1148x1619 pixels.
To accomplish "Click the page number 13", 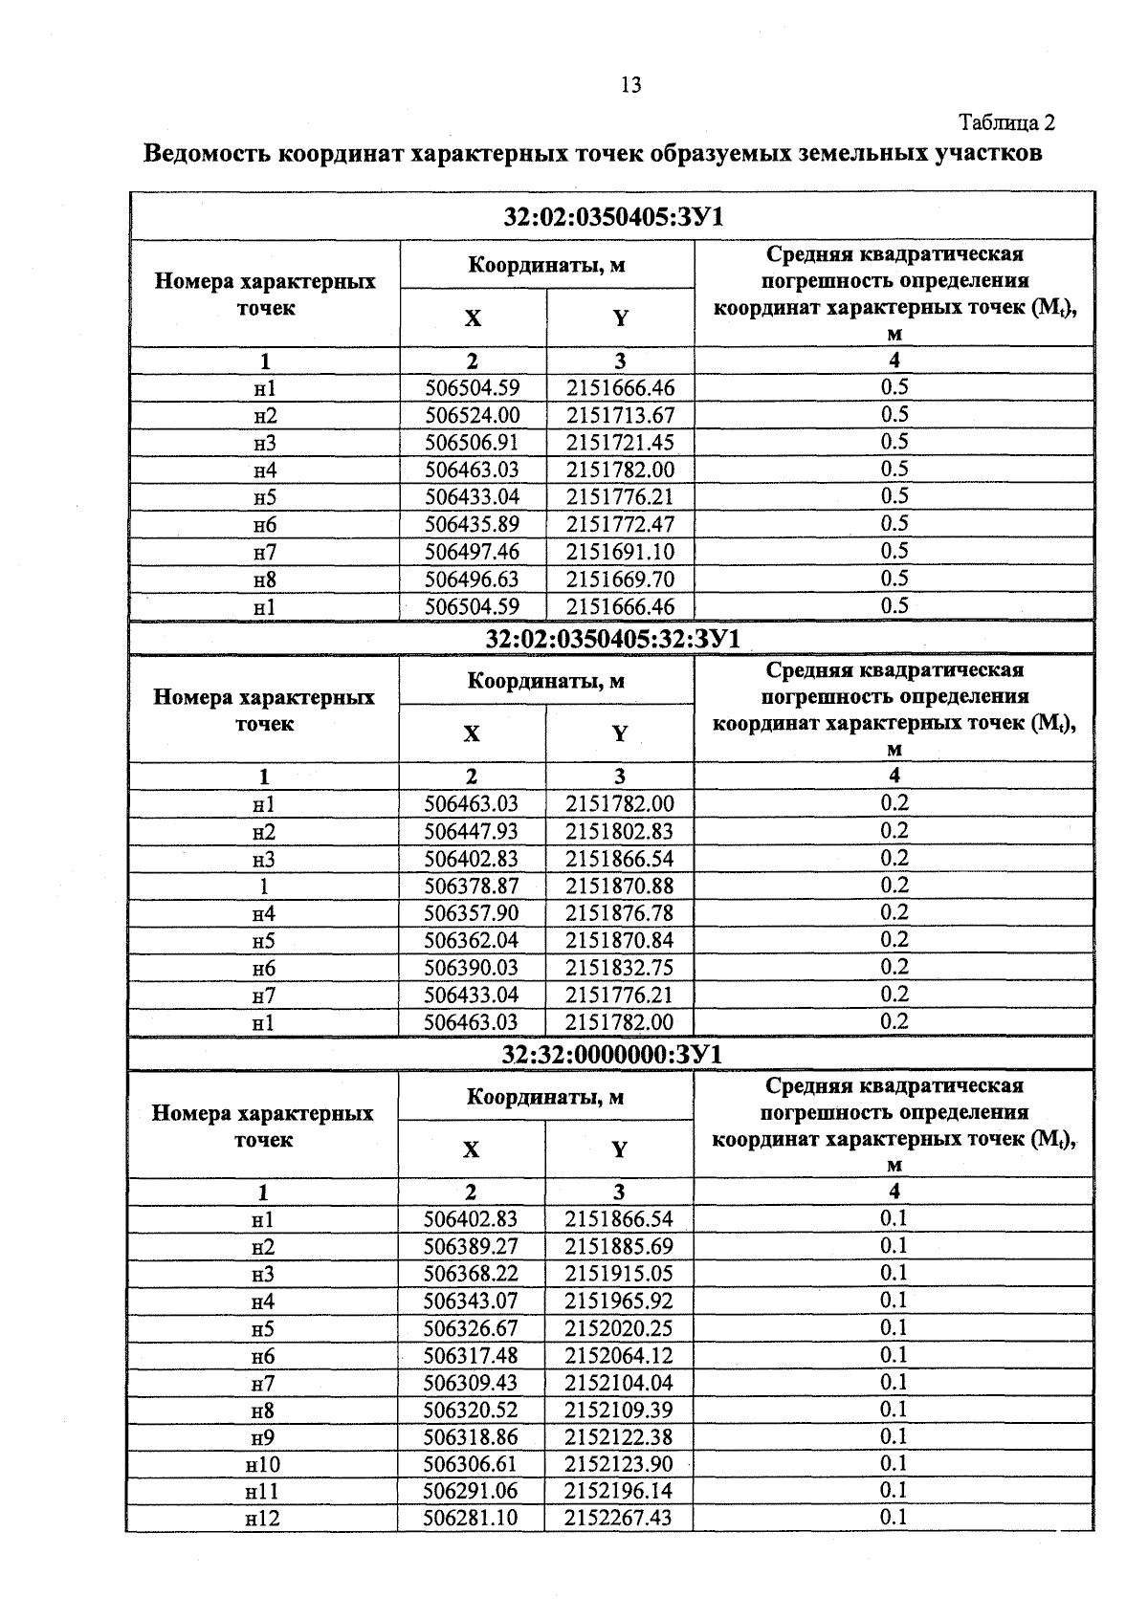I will (629, 85).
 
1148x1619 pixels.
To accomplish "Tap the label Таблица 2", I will (1006, 123).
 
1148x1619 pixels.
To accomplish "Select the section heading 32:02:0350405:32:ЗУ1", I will (612, 639).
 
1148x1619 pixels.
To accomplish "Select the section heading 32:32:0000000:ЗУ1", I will (612, 1054).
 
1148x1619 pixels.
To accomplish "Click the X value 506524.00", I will (473, 415).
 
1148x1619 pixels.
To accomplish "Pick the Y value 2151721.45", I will (620, 442).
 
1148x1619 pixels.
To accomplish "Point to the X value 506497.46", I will (473, 552).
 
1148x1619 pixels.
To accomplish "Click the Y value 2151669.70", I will (620, 580).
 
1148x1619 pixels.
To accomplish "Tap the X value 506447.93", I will (472, 831).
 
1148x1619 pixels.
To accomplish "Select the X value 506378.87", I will (472, 886).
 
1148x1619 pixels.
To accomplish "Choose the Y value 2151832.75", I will (619, 968).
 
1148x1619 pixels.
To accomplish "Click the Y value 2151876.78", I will (619, 913).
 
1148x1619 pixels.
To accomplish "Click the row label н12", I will (263, 1519).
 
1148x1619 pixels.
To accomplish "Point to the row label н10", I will (263, 1464).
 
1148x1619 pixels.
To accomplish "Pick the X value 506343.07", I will (471, 1301).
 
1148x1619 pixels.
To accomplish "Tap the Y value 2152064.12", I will (618, 1355).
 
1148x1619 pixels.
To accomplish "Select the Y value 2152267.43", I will (618, 1519).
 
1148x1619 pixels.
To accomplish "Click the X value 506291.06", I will (471, 1491).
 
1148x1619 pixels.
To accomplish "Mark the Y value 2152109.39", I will (618, 1410).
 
